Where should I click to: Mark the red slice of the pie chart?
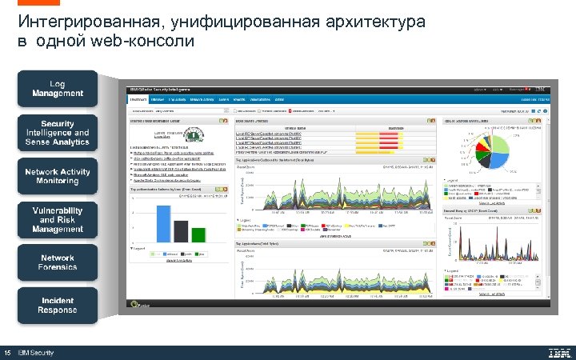pyautogui.click(x=502, y=146)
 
